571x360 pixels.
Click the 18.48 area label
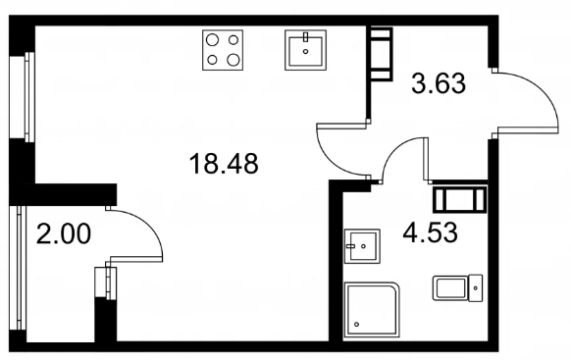coord(224,164)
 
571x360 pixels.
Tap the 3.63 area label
coord(439,83)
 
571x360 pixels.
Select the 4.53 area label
coord(430,232)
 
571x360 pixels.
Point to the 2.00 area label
coord(64,233)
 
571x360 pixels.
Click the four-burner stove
coord(223,50)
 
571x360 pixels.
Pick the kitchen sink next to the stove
coord(305,50)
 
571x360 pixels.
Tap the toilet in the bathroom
coord(458,288)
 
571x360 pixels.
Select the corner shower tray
coord(372,309)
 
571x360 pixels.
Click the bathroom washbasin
coord(362,246)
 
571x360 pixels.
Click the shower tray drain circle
coord(356,325)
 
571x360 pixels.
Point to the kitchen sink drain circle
coord(305,51)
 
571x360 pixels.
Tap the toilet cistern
coord(476,288)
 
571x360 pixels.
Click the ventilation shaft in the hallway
coord(382,54)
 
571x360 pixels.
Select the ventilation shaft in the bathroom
coord(459,199)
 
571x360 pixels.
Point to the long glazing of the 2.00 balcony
coord(18,268)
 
